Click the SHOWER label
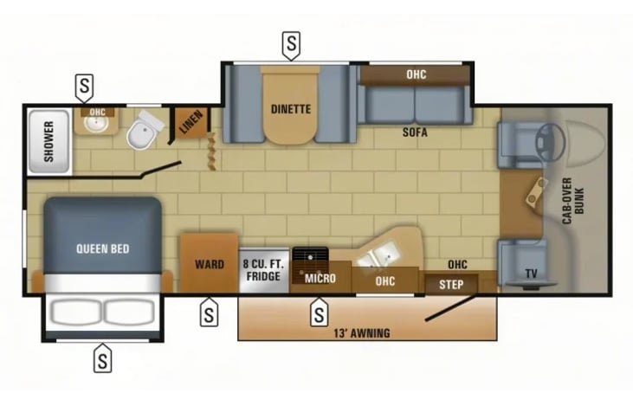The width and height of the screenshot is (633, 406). tap(48, 141)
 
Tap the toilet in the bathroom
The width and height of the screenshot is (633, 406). tap(144, 130)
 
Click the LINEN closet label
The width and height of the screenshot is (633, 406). tap(191, 122)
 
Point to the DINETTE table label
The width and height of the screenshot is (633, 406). tap(291, 109)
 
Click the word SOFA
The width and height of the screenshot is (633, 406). tap(415, 132)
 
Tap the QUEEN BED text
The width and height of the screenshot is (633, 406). tap(103, 248)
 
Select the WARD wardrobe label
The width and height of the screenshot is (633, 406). tap(210, 264)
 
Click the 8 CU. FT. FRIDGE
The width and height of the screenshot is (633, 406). tap(264, 270)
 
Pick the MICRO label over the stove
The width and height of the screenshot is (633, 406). tap(320, 278)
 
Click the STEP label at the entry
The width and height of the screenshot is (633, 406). tap(451, 285)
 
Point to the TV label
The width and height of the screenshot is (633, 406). tap(532, 274)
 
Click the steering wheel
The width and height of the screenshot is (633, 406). tap(549, 142)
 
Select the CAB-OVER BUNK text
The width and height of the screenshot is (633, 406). tap(573, 201)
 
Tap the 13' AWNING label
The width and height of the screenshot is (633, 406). tap(362, 333)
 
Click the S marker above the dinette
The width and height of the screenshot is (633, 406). tap(291, 44)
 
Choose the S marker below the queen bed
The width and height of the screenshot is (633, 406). tap(102, 358)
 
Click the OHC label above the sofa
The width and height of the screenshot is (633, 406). tap(417, 74)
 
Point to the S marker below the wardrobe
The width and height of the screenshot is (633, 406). tap(209, 313)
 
